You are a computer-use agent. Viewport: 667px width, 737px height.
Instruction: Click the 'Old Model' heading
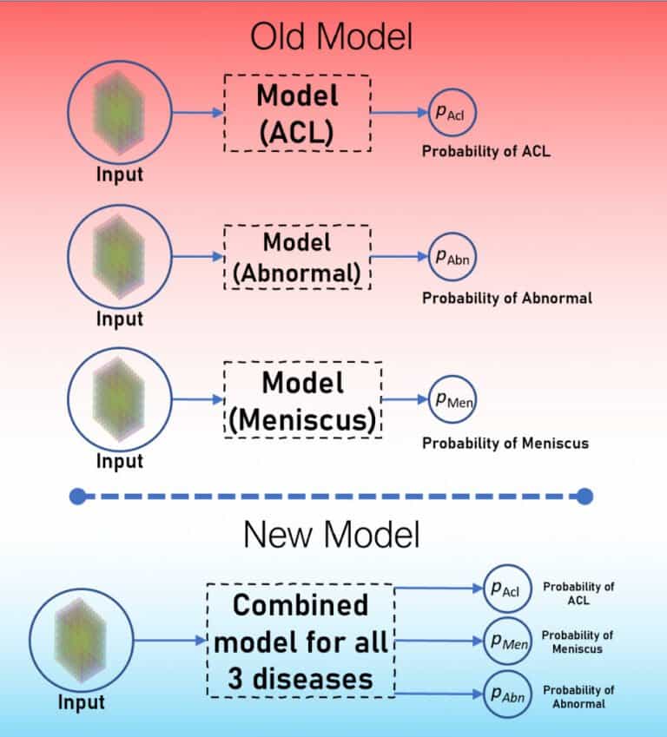pyautogui.click(x=331, y=37)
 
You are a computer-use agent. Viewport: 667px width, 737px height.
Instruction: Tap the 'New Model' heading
pyautogui.click(x=331, y=534)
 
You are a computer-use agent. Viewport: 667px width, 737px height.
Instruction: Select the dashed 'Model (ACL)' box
pyautogui.click(x=297, y=113)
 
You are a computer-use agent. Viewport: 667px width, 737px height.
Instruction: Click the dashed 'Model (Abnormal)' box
pyautogui.click(x=297, y=258)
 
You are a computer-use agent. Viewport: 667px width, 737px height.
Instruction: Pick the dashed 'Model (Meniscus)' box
pyautogui.click(x=302, y=399)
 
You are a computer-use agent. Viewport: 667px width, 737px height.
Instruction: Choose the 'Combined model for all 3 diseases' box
pyautogui.click(x=300, y=641)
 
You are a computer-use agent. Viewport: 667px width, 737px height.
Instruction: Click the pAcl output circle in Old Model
pyautogui.click(x=452, y=113)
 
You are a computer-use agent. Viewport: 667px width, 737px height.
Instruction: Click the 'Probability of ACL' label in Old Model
pyautogui.click(x=486, y=152)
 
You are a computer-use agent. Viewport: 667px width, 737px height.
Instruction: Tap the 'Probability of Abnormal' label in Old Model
pyautogui.click(x=507, y=298)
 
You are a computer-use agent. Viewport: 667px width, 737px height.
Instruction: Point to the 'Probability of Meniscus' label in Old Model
pyautogui.click(x=505, y=444)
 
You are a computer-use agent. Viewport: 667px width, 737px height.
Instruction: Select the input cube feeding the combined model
pyautogui.click(x=82, y=642)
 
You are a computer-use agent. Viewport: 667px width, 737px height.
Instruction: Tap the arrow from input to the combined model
pyautogui.click(x=170, y=642)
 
